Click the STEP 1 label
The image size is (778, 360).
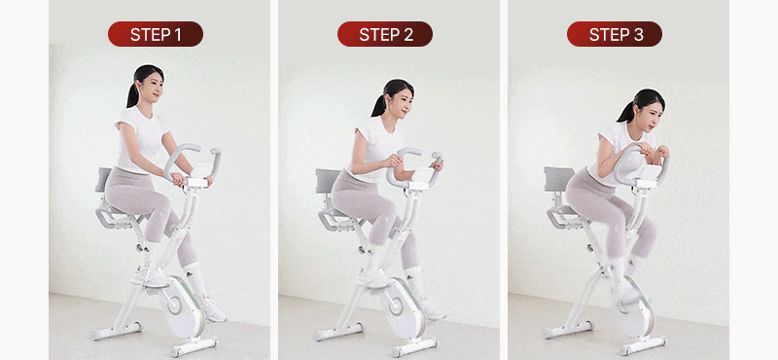(156, 34)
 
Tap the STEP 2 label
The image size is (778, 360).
(385, 34)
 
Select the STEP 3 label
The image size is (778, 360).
(615, 34)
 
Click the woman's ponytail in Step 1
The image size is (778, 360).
(133, 90)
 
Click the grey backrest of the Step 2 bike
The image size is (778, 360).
(328, 181)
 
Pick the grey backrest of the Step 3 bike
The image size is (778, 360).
(558, 179)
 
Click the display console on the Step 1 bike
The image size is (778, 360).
(199, 175)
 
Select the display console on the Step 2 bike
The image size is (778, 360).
(423, 177)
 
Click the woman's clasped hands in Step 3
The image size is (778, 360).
(649, 150)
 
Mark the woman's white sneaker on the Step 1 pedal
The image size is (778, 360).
(149, 276)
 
